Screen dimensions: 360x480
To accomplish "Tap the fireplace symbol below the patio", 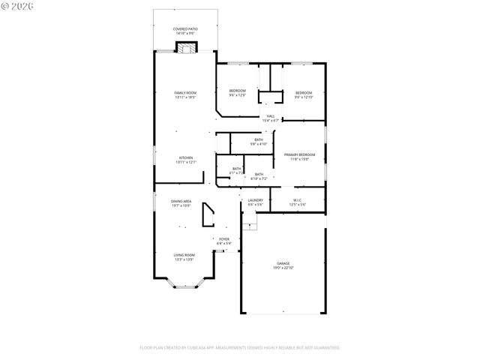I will point(185,48).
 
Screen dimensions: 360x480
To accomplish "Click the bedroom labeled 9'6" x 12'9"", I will point(237,93).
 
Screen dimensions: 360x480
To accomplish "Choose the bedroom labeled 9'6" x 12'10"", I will point(303,93).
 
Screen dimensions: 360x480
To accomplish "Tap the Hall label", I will point(270,118).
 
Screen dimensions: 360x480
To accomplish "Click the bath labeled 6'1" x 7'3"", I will point(236,171).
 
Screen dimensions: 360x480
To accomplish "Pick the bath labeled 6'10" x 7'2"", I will point(259,176).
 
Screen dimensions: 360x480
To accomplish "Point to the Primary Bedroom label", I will point(299,156).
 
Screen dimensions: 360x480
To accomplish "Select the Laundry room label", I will point(255,202).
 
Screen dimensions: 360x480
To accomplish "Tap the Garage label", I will point(283,265).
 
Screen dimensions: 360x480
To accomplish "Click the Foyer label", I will point(223,241).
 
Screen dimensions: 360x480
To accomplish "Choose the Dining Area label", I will point(181,203).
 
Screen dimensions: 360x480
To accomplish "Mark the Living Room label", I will point(184,256).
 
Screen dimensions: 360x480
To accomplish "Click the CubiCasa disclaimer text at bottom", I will point(240,348).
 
